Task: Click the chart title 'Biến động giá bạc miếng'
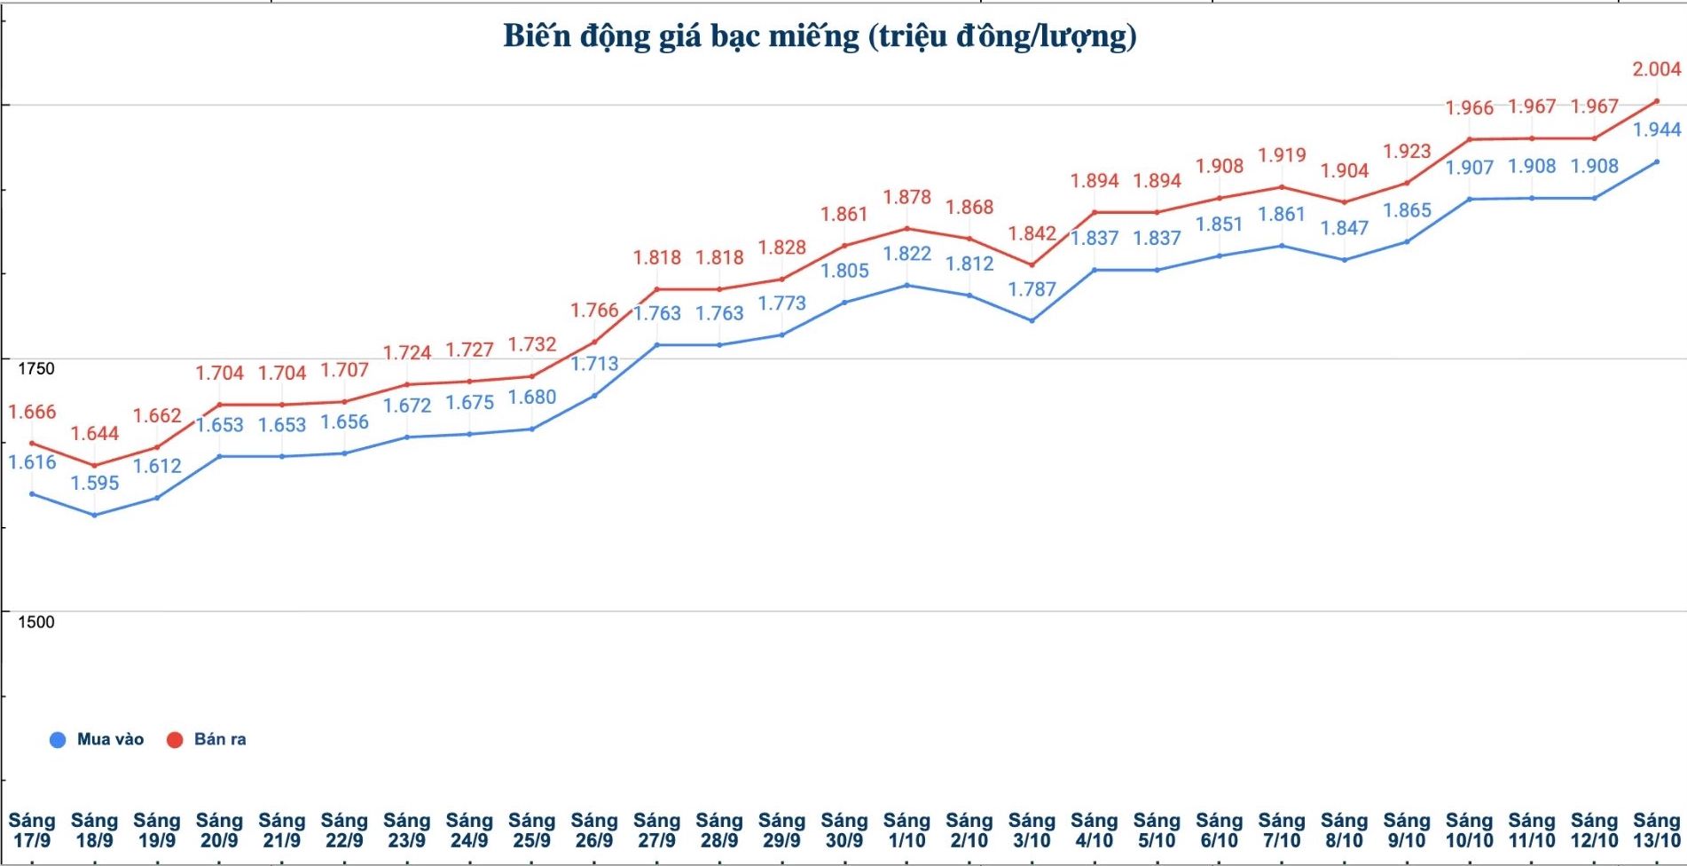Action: (x=820, y=36)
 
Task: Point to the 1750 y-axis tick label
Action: (x=35, y=368)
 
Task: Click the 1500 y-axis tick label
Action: (x=35, y=622)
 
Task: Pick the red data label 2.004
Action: (x=1656, y=69)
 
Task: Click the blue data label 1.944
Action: (x=1656, y=130)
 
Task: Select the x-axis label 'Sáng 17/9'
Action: (x=32, y=831)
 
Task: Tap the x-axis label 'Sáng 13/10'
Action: (x=1656, y=831)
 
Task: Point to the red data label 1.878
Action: (x=906, y=197)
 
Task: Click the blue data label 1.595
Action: (x=95, y=483)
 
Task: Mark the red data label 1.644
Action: (x=95, y=433)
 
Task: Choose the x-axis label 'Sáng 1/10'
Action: (x=906, y=831)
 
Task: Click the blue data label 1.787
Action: (x=1032, y=289)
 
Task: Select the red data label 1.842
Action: (x=1032, y=233)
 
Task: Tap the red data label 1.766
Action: (x=594, y=310)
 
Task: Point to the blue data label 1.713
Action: (x=594, y=364)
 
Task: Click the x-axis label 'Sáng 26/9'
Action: (x=594, y=831)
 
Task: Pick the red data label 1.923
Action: (x=1407, y=151)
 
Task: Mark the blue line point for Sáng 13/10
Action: (x=1656, y=161)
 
